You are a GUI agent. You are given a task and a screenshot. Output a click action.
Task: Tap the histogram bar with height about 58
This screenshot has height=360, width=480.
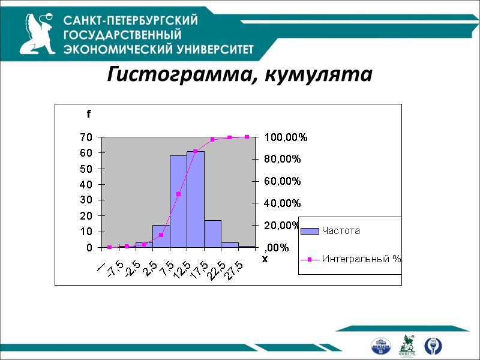[x=178, y=202]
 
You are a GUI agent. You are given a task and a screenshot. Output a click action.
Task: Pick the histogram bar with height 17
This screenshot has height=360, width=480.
[x=212, y=234]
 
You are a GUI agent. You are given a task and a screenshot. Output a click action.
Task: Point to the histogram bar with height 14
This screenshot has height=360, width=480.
[x=161, y=236]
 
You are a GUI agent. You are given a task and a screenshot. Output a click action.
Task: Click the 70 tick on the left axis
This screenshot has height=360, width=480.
[x=86, y=137]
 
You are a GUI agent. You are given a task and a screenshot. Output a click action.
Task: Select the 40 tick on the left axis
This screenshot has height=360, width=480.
[x=86, y=184]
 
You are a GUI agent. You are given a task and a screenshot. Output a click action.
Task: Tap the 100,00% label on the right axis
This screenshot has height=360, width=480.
[x=286, y=137]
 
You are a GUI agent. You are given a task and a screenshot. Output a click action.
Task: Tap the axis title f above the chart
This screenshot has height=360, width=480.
[x=88, y=113]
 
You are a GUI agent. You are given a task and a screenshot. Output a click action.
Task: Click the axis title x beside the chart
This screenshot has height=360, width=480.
[x=264, y=259]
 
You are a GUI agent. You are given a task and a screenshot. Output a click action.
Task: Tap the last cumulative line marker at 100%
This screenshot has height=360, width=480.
[x=247, y=137]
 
